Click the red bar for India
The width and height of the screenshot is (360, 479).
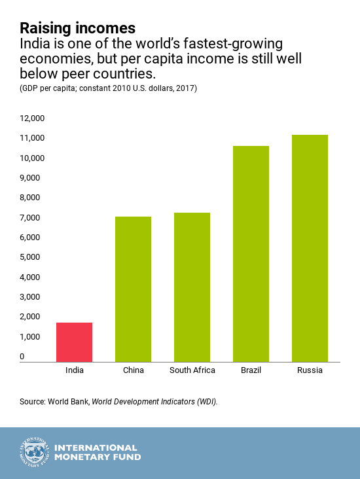coord(74,342)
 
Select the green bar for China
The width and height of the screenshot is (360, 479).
coord(134,289)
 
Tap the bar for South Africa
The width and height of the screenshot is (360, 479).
coord(192,287)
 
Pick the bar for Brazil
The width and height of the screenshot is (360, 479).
coord(251,254)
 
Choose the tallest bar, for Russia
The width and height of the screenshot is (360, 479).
coord(310,249)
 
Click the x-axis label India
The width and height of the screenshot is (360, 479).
coord(74,370)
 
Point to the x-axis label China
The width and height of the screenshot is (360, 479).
coord(134,370)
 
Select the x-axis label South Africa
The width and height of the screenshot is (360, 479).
coord(192,370)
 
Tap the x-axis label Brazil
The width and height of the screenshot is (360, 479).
coord(251,370)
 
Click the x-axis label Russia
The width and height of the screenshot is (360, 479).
coord(310,370)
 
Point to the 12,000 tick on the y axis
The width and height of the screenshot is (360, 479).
coord(32,118)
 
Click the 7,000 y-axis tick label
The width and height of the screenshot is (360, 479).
coord(30,217)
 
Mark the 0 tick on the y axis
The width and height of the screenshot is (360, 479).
coord(22,356)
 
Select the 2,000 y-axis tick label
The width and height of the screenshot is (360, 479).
coord(30,317)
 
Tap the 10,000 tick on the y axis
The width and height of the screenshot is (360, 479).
coord(32,158)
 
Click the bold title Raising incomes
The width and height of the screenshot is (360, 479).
coord(78,28)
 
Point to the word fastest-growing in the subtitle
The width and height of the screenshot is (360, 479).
coord(233,44)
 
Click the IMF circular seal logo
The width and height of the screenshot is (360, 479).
coord(35,452)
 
